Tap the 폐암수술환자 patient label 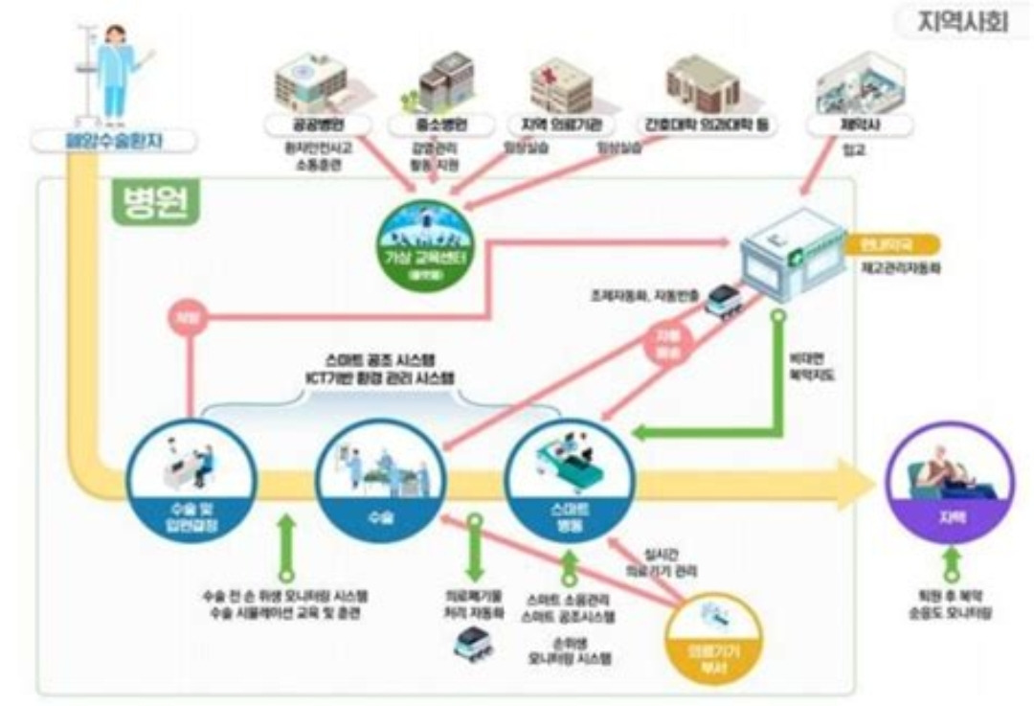point(114,143)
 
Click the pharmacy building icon point(792,252)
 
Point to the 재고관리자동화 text point(894,270)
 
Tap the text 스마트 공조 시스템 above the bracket point(378,356)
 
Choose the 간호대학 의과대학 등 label point(708,125)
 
